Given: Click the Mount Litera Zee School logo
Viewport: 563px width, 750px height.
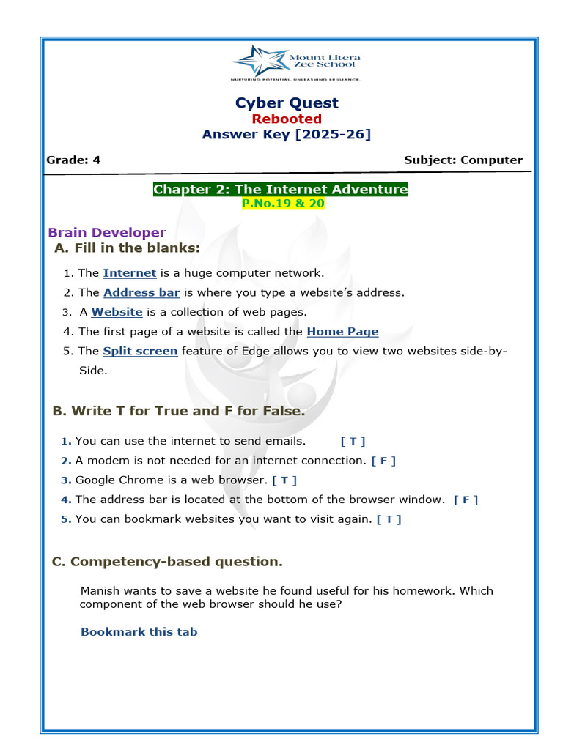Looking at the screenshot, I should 295,62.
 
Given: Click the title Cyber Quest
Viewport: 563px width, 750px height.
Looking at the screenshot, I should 287,103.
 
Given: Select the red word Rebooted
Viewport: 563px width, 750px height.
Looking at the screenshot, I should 287,119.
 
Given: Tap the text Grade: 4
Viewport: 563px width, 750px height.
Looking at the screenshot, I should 73,160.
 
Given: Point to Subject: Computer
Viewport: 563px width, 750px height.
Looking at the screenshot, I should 463,160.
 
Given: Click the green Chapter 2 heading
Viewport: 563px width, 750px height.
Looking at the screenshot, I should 281,190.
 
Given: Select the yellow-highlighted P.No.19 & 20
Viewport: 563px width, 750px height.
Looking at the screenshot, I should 283,204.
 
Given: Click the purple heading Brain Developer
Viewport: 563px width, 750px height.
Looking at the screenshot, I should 107,233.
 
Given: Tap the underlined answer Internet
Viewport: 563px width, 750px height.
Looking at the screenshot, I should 130,273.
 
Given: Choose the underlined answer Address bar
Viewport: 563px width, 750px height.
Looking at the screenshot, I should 141,292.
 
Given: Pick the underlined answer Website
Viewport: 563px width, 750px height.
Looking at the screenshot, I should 117,312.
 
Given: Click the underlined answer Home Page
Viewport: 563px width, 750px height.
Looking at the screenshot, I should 342,332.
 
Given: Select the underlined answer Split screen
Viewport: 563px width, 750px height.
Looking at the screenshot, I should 140,351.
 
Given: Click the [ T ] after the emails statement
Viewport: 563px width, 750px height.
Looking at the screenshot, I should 353,442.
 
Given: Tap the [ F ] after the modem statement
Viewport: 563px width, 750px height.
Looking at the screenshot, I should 383,461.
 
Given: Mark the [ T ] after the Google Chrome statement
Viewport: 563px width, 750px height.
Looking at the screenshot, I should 284,480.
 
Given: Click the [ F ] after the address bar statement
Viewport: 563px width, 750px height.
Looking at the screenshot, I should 466,500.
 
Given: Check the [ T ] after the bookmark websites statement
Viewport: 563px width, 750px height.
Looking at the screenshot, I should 389,519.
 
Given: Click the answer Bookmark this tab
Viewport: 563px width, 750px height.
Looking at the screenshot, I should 139,631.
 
